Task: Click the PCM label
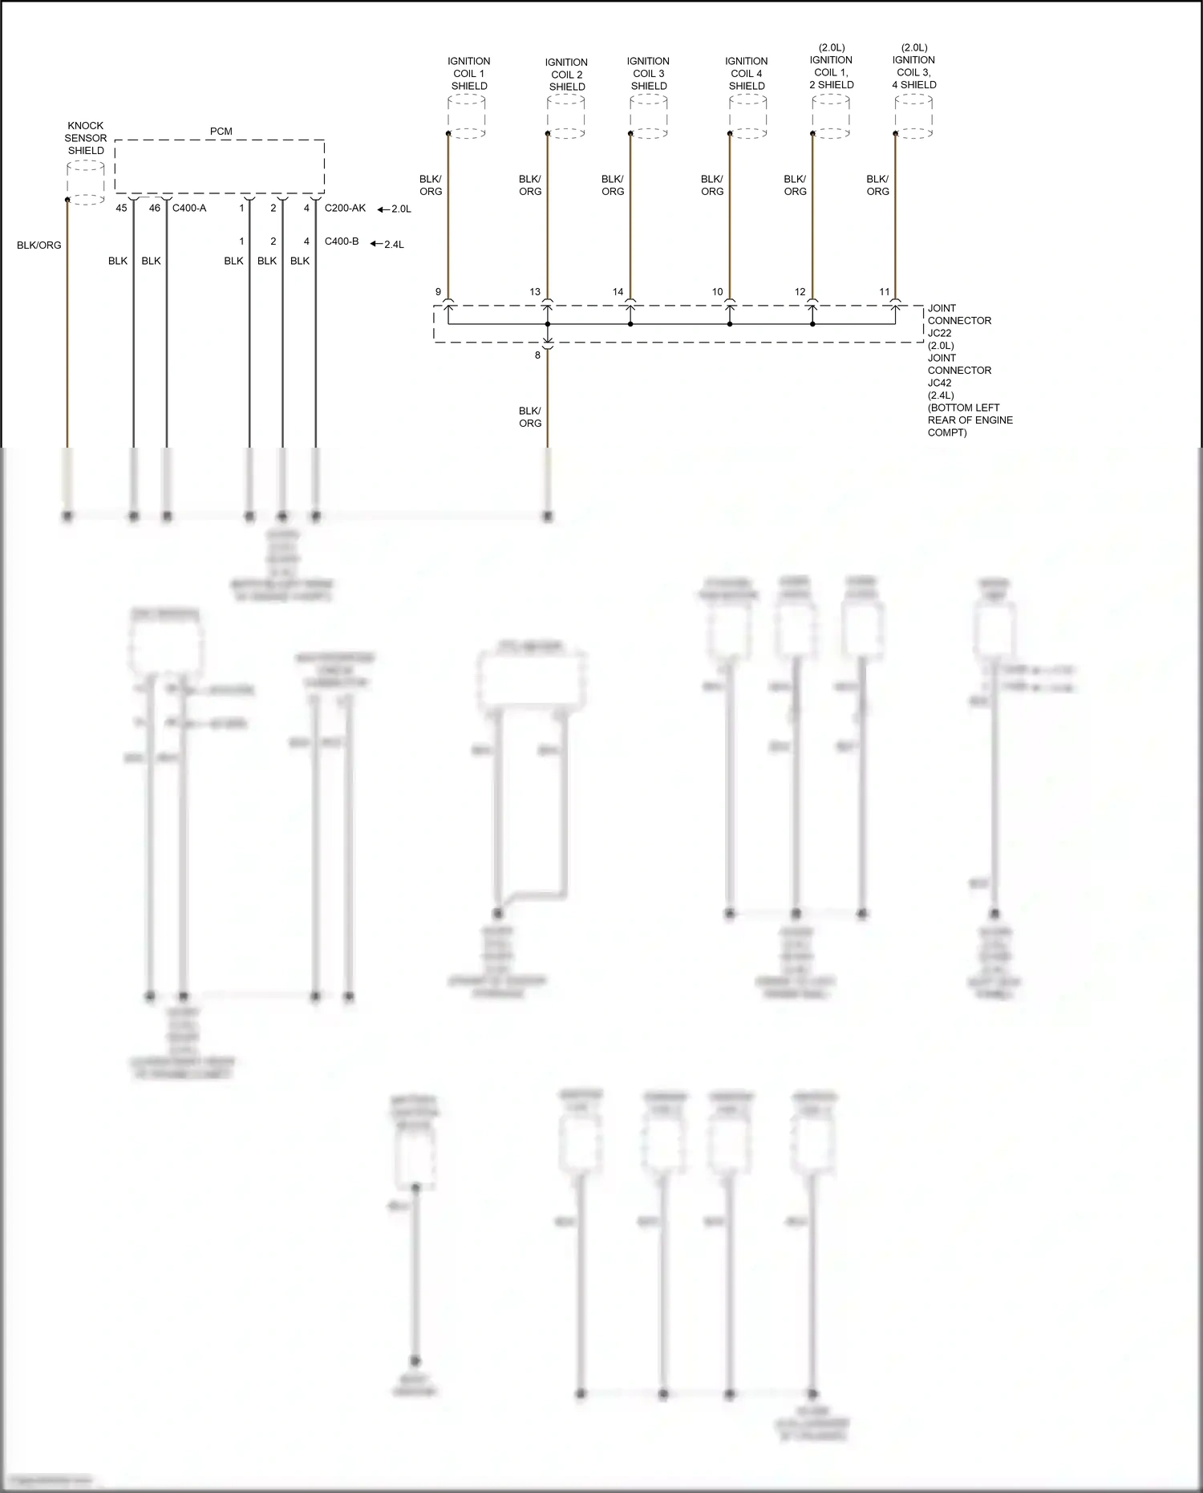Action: click(x=221, y=132)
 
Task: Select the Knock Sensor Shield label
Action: click(x=86, y=138)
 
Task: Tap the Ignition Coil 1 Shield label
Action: click(x=469, y=73)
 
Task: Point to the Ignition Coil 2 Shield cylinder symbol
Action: click(x=566, y=116)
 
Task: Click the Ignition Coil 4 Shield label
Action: click(x=747, y=73)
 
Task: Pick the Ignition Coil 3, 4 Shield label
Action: click(x=914, y=66)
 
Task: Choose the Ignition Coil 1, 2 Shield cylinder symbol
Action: click(x=831, y=116)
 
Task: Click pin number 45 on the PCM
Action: click(x=121, y=209)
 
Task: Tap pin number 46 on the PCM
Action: click(x=155, y=209)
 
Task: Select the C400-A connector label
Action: click(x=189, y=209)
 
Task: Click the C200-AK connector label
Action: click(x=345, y=209)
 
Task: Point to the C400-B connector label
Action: click(x=342, y=241)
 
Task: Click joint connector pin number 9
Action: click(x=438, y=292)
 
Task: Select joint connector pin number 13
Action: click(x=535, y=292)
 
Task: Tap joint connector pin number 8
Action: click(x=537, y=355)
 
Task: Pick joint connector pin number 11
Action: click(x=885, y=292)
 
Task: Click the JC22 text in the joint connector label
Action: click(x=939, y=333)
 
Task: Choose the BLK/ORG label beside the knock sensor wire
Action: click(x=39, y=245)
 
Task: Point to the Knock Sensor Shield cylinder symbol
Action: click(x=86, y=183)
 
